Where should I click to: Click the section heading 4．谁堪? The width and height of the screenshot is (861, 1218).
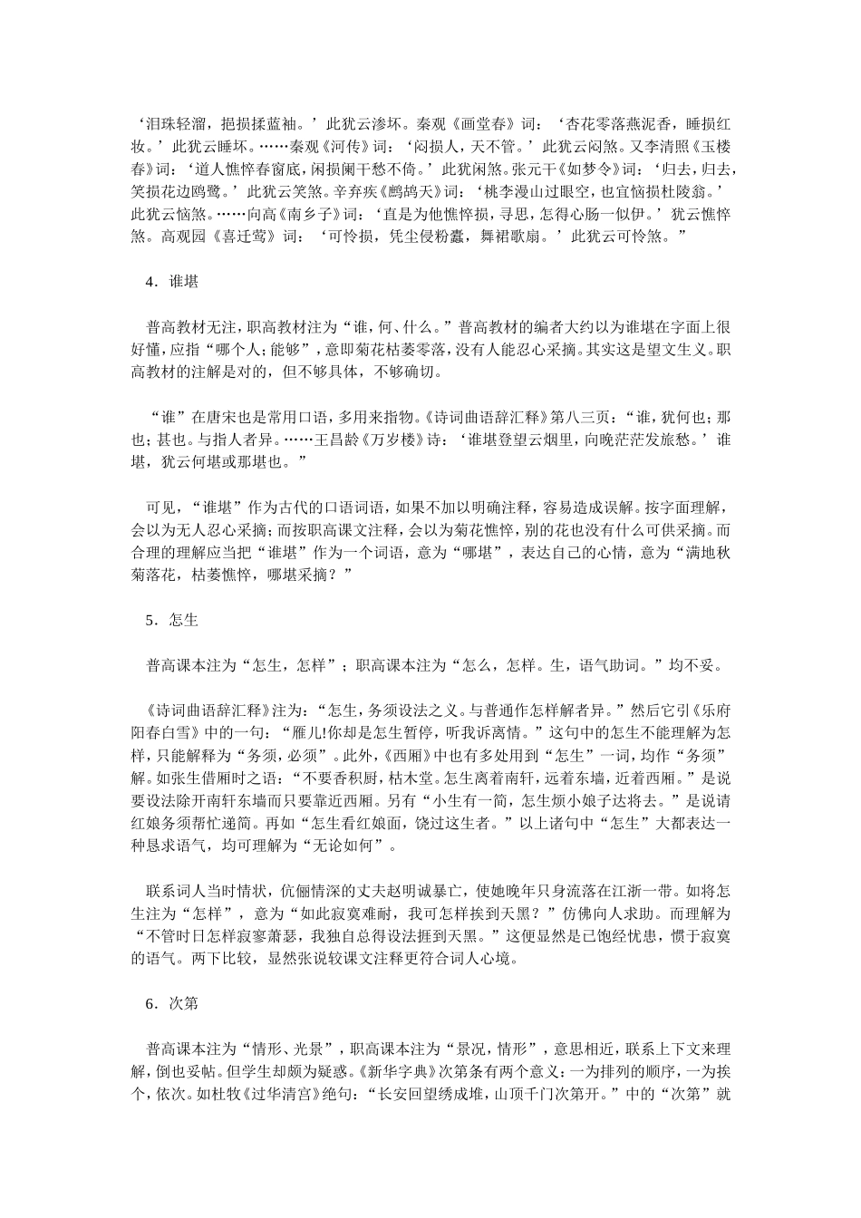[x=171, y=282]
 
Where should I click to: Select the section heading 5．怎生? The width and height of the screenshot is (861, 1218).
[x=171, y=621]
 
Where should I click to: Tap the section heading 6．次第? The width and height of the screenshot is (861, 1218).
[x=171, y=1004]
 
